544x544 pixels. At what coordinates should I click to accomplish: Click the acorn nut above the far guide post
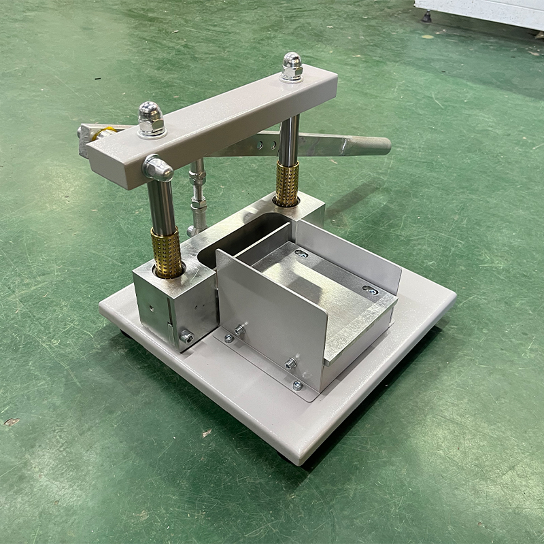[x=292, y=66]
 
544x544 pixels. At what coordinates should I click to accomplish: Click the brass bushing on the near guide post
[x=167, y=252]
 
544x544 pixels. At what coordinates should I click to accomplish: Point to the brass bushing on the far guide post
[x=286, y=184]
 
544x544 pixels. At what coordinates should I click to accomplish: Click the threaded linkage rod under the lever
[x=198, y=197]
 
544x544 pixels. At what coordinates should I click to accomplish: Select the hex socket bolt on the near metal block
[x=185, y=335]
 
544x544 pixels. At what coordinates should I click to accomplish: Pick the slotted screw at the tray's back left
[x=301, y=254]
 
